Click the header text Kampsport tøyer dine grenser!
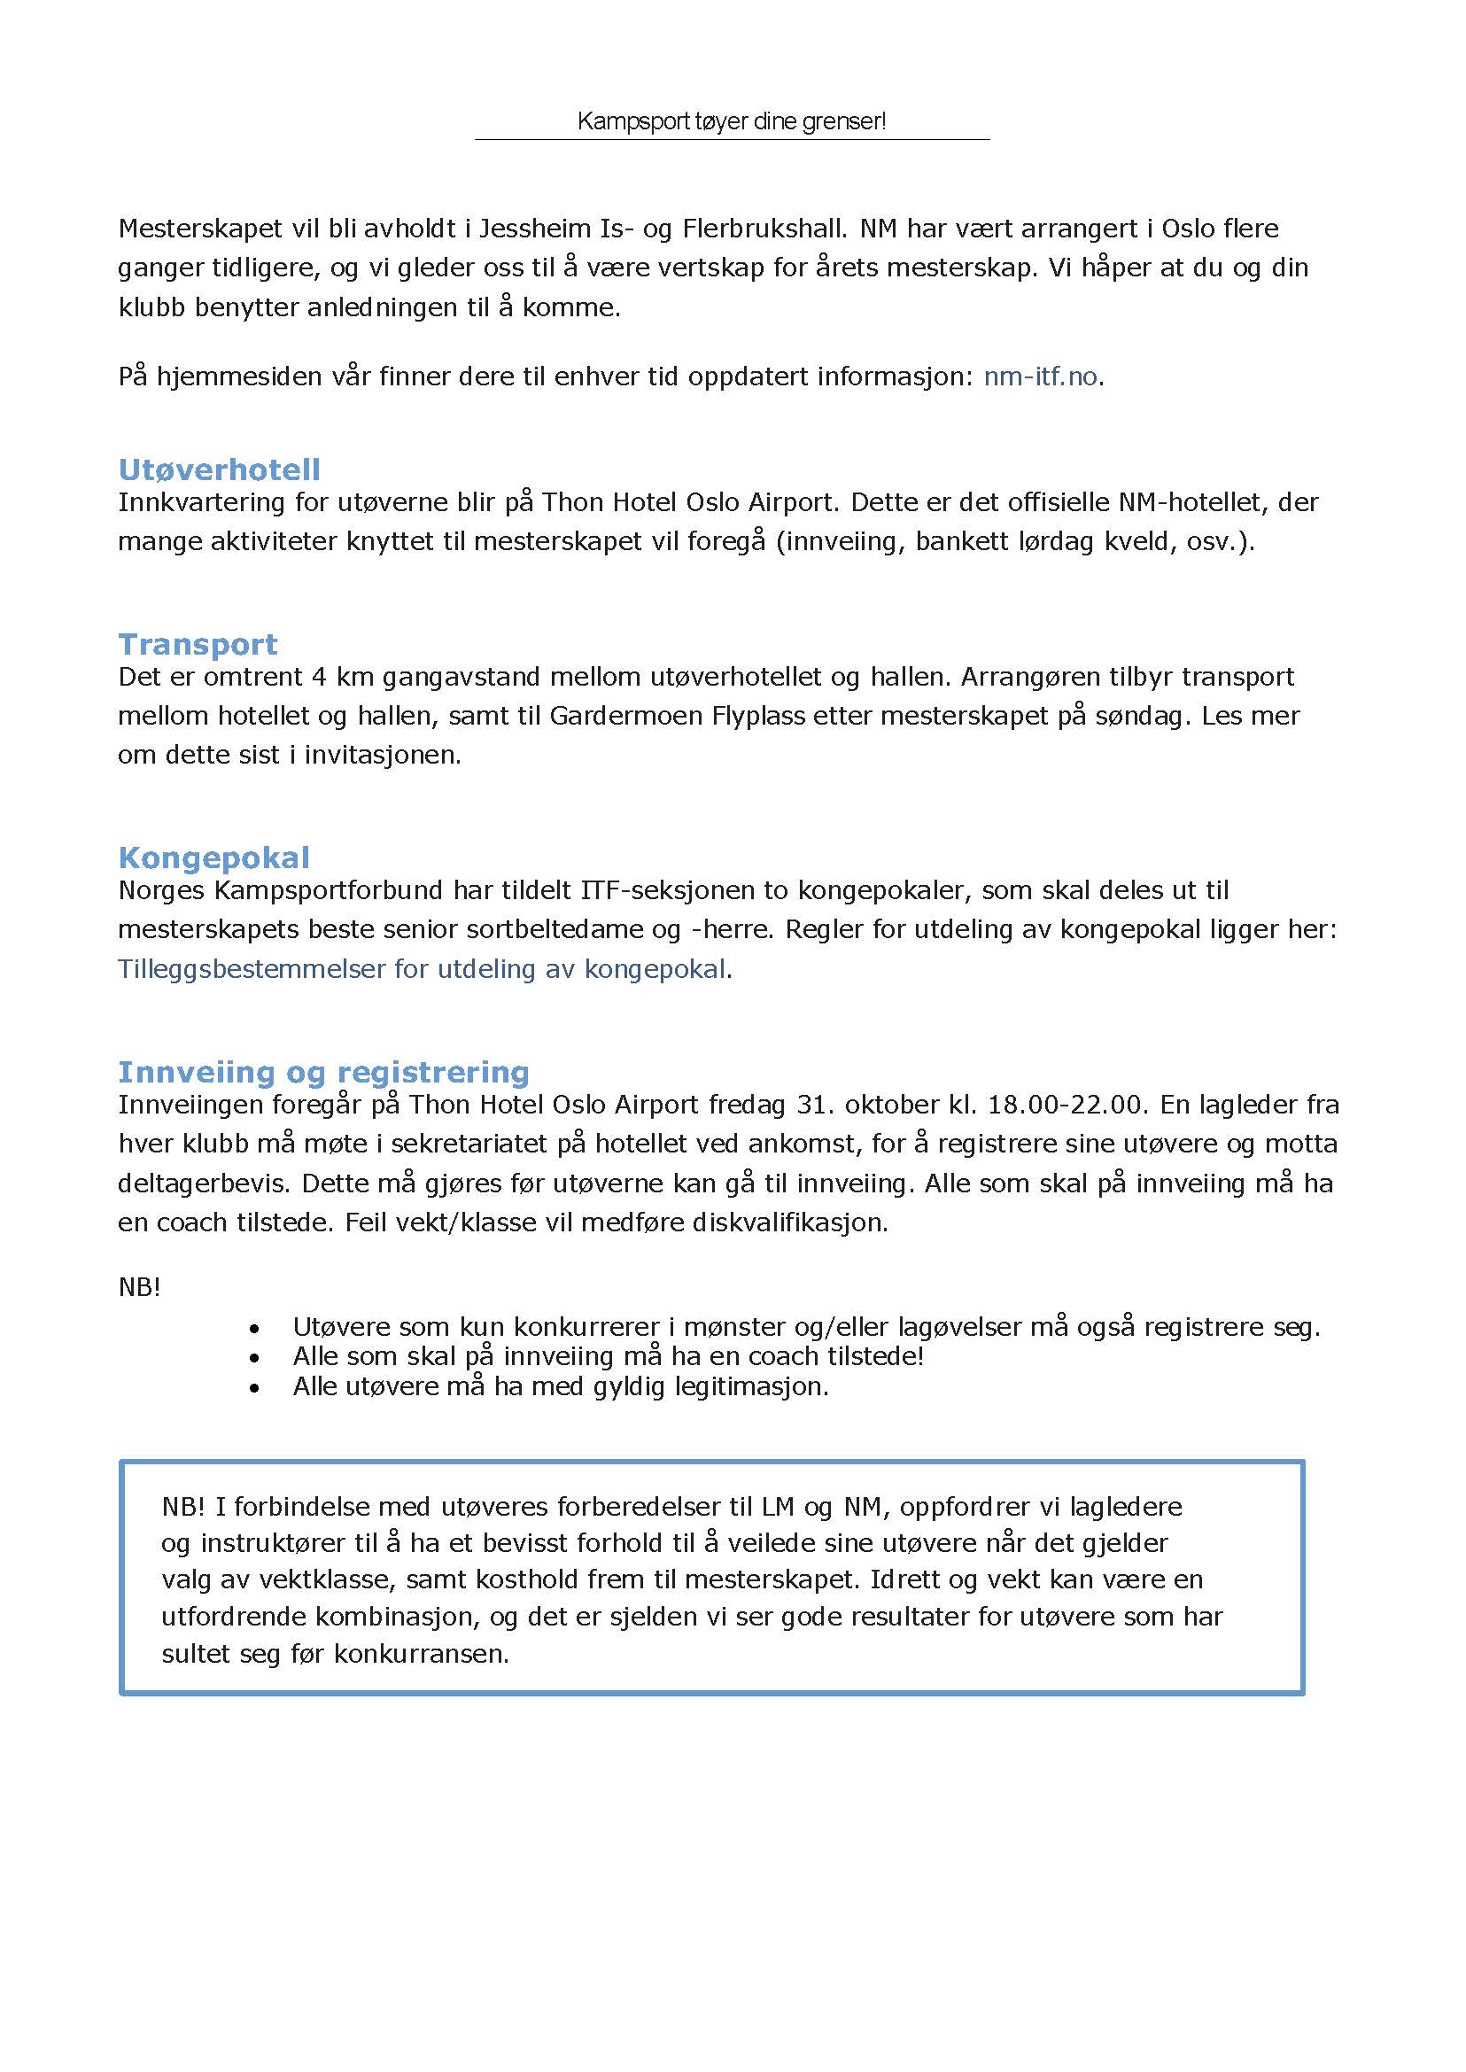point(731,121)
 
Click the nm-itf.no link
point(1041,376)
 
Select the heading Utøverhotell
point(220,469)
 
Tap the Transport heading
point(198,645)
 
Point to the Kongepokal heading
point(214,858)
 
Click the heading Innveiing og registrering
point(323,1072)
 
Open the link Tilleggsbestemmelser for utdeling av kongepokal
point(422,969)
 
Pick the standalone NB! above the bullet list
point(139,1287)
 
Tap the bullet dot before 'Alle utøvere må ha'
point(255,1388)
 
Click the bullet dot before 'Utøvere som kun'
point(255,1329)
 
